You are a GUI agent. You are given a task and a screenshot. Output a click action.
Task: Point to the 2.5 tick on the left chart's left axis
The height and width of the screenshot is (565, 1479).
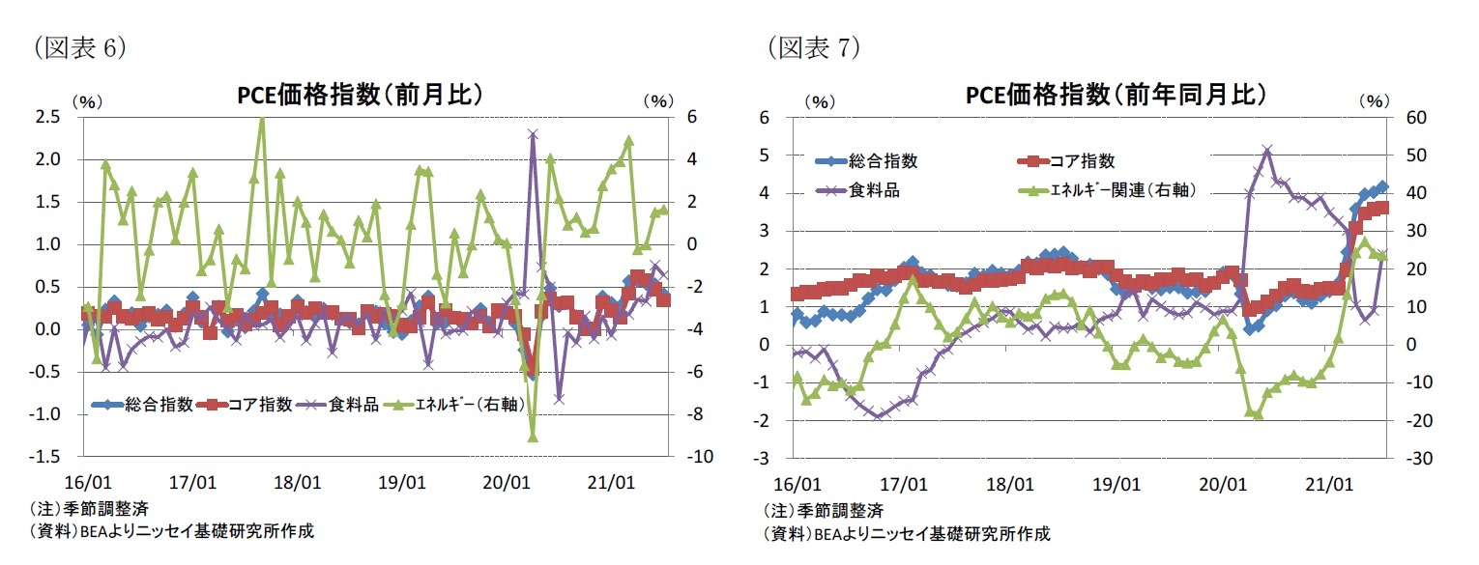(x=48, y=117)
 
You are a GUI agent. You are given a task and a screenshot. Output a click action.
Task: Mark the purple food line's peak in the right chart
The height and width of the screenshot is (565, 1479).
(x=1267, y=150)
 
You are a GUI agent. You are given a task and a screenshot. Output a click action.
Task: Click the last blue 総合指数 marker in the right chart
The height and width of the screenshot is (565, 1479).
(x=1382, y=187)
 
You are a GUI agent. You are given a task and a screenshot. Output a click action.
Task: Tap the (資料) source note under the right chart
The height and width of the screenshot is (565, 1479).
(x=906, y=533)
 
